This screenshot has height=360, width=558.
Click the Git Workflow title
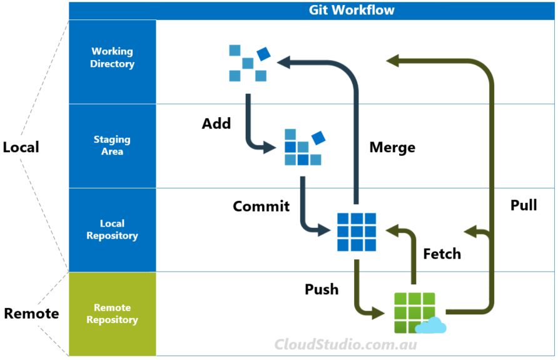tap(352, 11)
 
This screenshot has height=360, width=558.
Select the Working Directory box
tap(112, 58)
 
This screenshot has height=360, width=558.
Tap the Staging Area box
tap(112, 145)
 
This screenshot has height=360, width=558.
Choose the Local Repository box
tap(112, 230)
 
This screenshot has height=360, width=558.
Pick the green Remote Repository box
tap(112, 314)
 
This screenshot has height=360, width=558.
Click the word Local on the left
tap(21, 147)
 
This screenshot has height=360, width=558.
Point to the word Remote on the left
tap(31, 314)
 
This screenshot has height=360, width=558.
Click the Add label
tap(216, 123)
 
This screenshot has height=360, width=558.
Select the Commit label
tap(261, 206)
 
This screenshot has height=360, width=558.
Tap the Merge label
tap(392, 148)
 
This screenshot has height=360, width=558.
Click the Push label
tap(322, 289)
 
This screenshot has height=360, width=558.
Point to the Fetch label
tap(442, 254)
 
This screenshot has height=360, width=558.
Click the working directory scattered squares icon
tap(248, 63)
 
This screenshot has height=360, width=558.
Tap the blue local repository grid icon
tap(357, 232)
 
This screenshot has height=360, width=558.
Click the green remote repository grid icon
tap(414, 312)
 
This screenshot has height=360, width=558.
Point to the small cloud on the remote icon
tap(431, 326)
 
